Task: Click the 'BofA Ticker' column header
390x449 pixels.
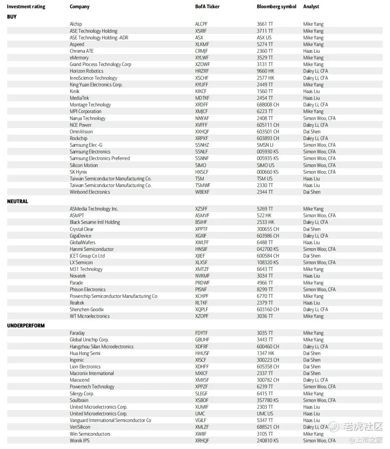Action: (x=207, y=6)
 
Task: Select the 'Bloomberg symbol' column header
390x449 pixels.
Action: (x=276, y=6)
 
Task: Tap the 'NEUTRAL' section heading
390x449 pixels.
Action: (x=17, y=201)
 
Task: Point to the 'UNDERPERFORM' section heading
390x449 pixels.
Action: (x=26, y=326)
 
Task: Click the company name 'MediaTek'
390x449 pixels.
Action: (x=79, y=98)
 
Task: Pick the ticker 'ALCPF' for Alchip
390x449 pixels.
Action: (x=201, y=24)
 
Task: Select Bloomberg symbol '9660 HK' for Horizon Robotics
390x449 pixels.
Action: (x=265, y=71)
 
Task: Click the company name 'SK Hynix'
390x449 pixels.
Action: (x=78, y=172)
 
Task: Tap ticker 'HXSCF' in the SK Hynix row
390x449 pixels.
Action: (x=201, y=172)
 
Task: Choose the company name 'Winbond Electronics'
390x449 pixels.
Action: (x=90, y=192)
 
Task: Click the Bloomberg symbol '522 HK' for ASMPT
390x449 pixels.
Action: (x=264, y=215)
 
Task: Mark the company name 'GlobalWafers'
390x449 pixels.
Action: (x=82, y=243)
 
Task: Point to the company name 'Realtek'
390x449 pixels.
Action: (x=77, y=303)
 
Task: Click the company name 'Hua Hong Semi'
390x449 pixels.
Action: (x=85, y=353)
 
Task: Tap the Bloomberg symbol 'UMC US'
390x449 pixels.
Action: (x=265, y=414)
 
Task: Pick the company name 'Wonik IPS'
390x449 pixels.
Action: (x=79, y=440)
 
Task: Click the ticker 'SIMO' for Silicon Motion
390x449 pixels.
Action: (x=201, y=165)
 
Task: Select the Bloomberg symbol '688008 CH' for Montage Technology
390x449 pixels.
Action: (x=268, y=105)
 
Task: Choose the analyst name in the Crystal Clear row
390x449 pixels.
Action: (x=312, y=229)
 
